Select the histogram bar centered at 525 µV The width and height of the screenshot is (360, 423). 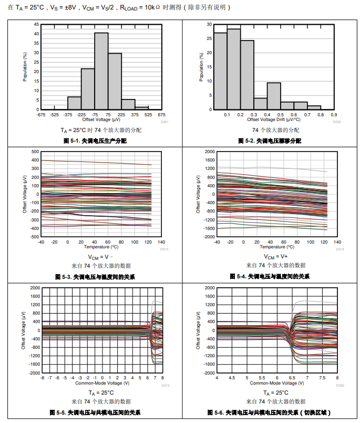point(141,108)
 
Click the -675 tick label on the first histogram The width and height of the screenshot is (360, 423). point(41,114)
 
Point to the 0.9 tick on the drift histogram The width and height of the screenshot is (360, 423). point(334,114)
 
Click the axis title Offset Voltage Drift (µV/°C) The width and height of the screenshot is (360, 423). point(274,119)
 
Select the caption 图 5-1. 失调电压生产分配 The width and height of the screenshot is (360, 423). point(95,140)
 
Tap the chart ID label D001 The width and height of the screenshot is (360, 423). point(164,122)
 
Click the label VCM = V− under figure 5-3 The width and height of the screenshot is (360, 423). point(99,257)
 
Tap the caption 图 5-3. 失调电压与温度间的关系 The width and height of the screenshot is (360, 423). point(95,276)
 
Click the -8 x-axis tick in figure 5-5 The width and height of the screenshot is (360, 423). point(42,378)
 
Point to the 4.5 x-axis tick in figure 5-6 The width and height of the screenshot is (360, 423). point(232,378)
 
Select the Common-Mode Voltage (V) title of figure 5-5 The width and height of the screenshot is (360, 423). point(102,383)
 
